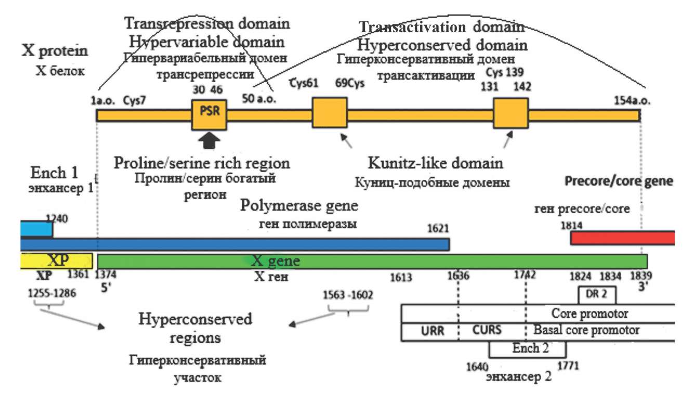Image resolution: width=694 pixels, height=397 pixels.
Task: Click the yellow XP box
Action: (56, 261)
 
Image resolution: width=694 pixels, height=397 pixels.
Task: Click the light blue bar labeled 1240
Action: (35, 229)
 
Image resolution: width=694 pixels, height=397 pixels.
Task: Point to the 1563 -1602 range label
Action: (347, 294)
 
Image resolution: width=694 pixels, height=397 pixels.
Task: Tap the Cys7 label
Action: (134, 100)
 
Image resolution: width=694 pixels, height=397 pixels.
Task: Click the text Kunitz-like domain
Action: (436, 163)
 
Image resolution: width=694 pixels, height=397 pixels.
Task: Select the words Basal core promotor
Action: (586, 330)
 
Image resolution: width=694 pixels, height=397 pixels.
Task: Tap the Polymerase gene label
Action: (299, 206)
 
